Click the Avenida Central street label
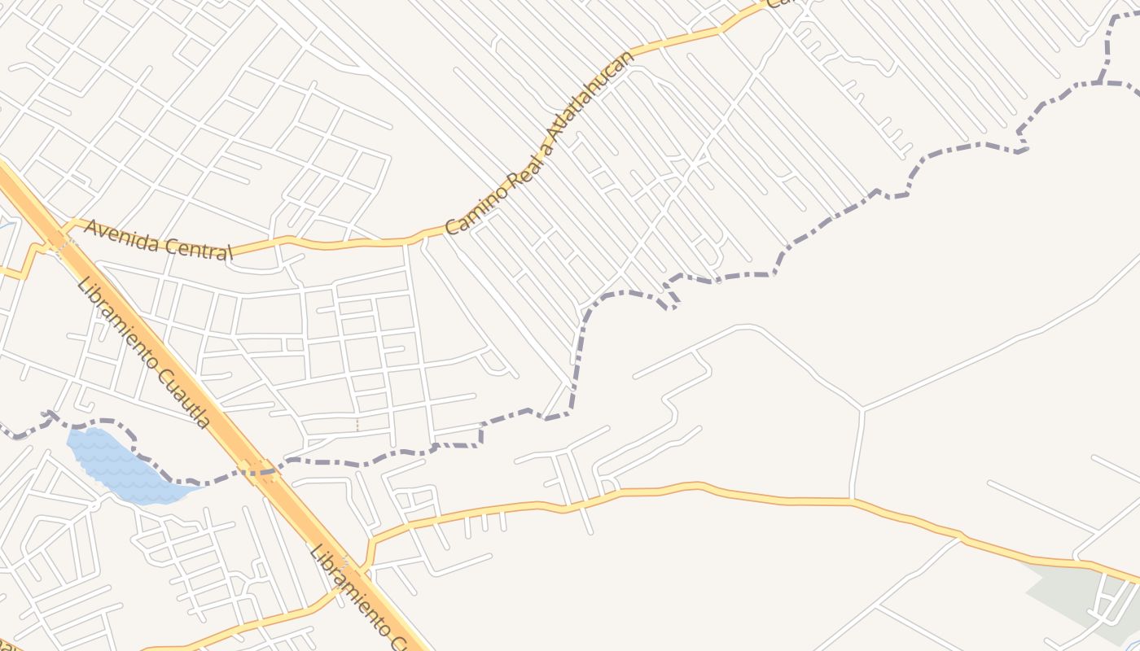coord(158,240)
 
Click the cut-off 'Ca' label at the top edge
coord(781,3)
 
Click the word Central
coord(200,248)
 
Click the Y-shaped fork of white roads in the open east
coord(862,409)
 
